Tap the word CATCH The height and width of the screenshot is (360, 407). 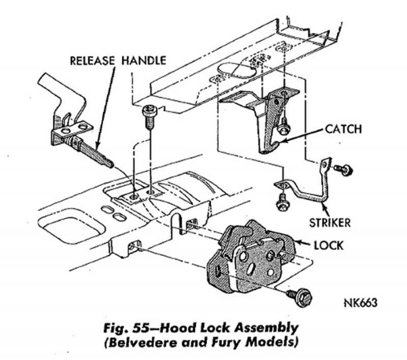pos(343,129)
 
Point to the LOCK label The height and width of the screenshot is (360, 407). pos(329,245)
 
